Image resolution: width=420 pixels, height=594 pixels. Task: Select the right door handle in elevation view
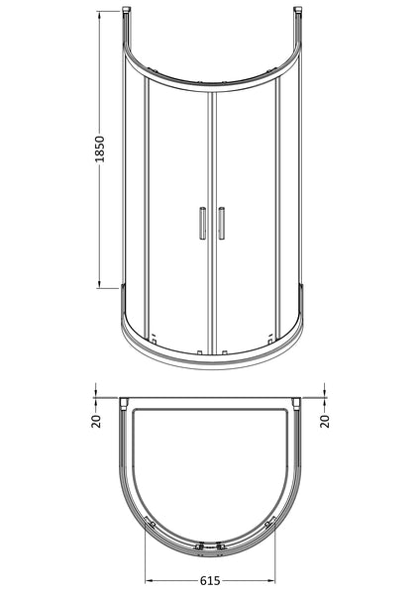221,223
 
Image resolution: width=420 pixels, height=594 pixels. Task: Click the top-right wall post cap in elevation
298,13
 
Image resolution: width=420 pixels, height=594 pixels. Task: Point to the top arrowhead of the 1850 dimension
100,17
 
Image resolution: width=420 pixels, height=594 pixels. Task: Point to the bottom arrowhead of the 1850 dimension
100,283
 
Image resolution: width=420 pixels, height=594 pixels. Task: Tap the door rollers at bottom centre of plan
211,544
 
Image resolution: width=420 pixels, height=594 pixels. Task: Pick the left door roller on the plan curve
150,522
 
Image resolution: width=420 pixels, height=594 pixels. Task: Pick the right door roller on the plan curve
271,522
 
